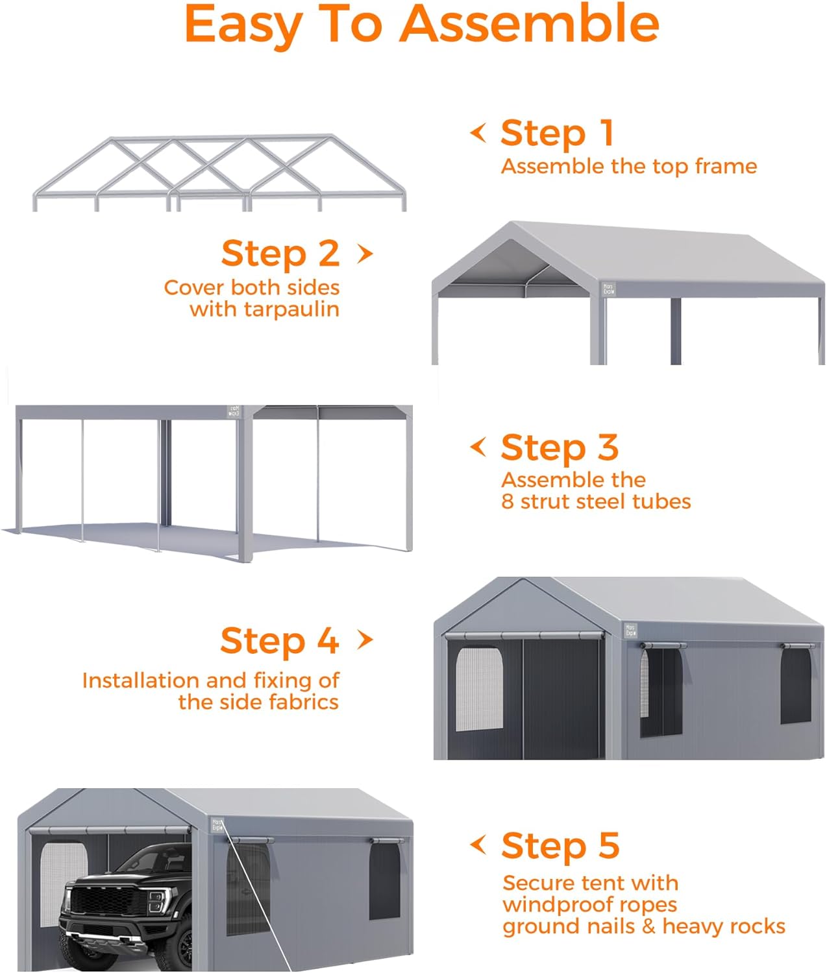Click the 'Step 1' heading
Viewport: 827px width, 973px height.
tap(557, 133)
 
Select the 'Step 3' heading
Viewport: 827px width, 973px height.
tap(560, 448)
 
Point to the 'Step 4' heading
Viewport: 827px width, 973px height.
tap(279, 641)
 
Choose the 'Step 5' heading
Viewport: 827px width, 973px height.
tap(560, 846)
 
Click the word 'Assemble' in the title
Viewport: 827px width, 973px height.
tap(529, 24)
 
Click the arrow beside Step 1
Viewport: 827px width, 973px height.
tap(478, 133)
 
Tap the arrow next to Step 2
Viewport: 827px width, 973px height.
tap(365, 254)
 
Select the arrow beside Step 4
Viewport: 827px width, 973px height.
tap(365, 640)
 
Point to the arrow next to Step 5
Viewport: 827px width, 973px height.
tap(478, 845)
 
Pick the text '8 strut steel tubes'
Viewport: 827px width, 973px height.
tap(596, 501)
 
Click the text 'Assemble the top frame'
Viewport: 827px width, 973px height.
tap(628, 167)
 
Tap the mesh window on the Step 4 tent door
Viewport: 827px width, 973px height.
tap(479, 690)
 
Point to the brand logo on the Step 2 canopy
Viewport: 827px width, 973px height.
tap(608, 288)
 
